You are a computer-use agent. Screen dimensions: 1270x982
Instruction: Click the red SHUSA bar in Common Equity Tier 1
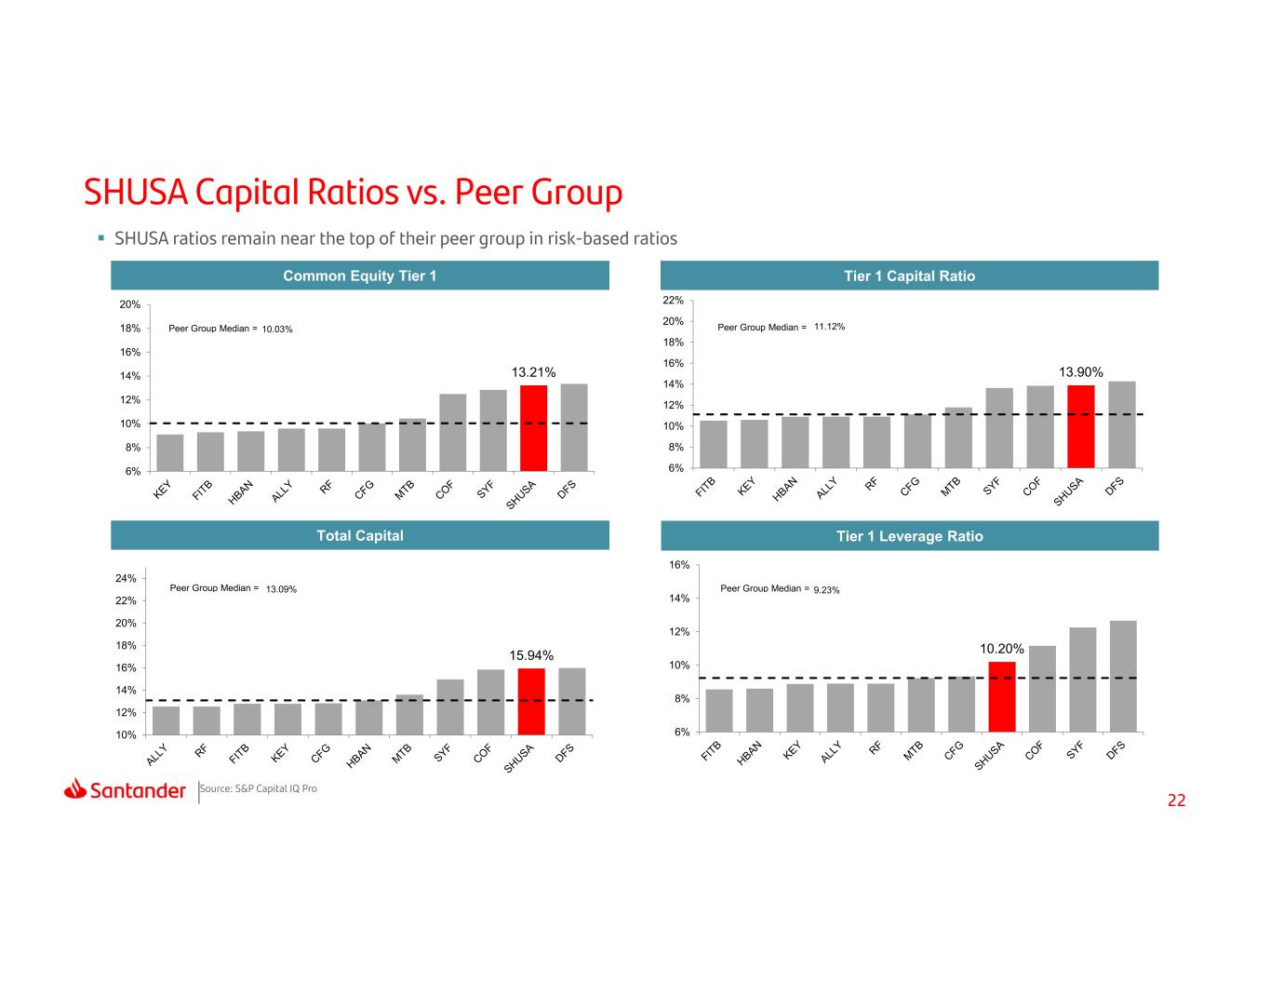coord(533,428)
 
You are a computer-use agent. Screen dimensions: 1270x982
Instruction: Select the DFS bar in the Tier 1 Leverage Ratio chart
coord(1123,676)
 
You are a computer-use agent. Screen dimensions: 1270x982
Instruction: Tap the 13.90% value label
coord(1080,372)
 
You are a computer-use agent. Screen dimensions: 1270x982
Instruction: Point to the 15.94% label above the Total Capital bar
coord(530,655)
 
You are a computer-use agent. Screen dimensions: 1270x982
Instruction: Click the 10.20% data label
coord(1001,648)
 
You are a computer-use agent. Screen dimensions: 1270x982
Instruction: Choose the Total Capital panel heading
coord(360,535)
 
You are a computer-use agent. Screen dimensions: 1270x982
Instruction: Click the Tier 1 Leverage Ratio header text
coord(909,536)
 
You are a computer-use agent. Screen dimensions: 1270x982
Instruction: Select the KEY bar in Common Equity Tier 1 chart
coord(170,452)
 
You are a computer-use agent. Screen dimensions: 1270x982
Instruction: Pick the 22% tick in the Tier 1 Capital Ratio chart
coord(673,300)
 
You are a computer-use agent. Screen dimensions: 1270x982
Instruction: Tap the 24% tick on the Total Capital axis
coord(126,578)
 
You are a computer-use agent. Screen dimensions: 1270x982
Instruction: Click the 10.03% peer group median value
coord(277,330)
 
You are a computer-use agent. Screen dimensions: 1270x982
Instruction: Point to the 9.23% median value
coord(826,590)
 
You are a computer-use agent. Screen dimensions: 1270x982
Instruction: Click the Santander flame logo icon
coord(75,788)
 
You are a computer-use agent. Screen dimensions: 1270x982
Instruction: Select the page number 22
coord(1176,800)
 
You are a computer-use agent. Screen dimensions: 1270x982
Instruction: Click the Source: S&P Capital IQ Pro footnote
coord(259,788)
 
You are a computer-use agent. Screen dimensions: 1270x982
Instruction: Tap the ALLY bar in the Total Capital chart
coord(167,720)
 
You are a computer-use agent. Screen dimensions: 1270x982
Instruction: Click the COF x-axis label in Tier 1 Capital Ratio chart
coord(1032,486)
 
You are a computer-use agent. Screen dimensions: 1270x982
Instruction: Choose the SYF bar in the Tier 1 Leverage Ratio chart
coord(1082,679)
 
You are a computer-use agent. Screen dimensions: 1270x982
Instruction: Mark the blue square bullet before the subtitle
coord(101,238)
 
